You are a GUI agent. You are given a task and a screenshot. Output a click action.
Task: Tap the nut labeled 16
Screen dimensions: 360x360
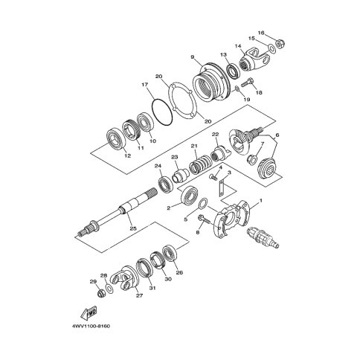(x=281, y=45)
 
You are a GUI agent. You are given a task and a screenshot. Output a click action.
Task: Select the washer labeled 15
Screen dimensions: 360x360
(x=271, y=47)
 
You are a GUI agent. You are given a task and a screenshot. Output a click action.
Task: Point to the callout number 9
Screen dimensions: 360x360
(x=192, y=57)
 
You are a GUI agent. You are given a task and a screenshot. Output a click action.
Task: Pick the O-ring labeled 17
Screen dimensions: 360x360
(x=161, y=112)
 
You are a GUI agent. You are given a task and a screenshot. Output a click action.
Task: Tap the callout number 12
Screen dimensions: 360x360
(x=127, y=155)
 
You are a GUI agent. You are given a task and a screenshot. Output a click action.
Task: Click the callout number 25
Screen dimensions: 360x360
(x=133, y=228)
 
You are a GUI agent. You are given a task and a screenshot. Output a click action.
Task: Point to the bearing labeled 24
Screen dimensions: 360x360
(x=166, y=184)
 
